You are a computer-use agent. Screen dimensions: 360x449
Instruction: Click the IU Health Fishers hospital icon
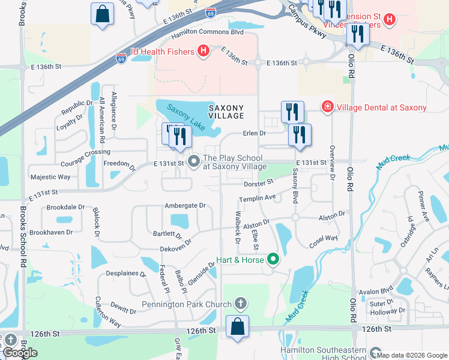(203, 52)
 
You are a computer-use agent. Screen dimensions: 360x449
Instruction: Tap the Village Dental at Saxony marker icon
(328, 107)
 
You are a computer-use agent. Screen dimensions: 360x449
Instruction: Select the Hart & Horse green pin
(274, 259)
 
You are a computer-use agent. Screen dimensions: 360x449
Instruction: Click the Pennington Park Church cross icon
(241, 304)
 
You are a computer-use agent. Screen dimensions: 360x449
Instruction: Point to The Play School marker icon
(194, 161)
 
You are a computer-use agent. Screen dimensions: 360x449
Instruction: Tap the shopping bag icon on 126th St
(238, 327)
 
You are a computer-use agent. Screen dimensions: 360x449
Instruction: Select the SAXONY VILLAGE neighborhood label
(226, 112)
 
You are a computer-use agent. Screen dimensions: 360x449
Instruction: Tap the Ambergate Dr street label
(185, 205)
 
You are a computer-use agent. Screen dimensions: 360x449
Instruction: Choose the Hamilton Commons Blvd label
(198, 31)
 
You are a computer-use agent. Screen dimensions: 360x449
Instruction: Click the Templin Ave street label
(257, 197)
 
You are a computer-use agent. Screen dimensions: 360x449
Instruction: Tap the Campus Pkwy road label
(307, 22)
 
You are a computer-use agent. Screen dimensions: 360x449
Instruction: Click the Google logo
(20, 352)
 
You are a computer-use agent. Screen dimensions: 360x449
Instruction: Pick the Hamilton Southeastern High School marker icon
(375, 353)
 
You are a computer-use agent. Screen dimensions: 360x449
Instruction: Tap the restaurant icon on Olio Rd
(358, 35)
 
